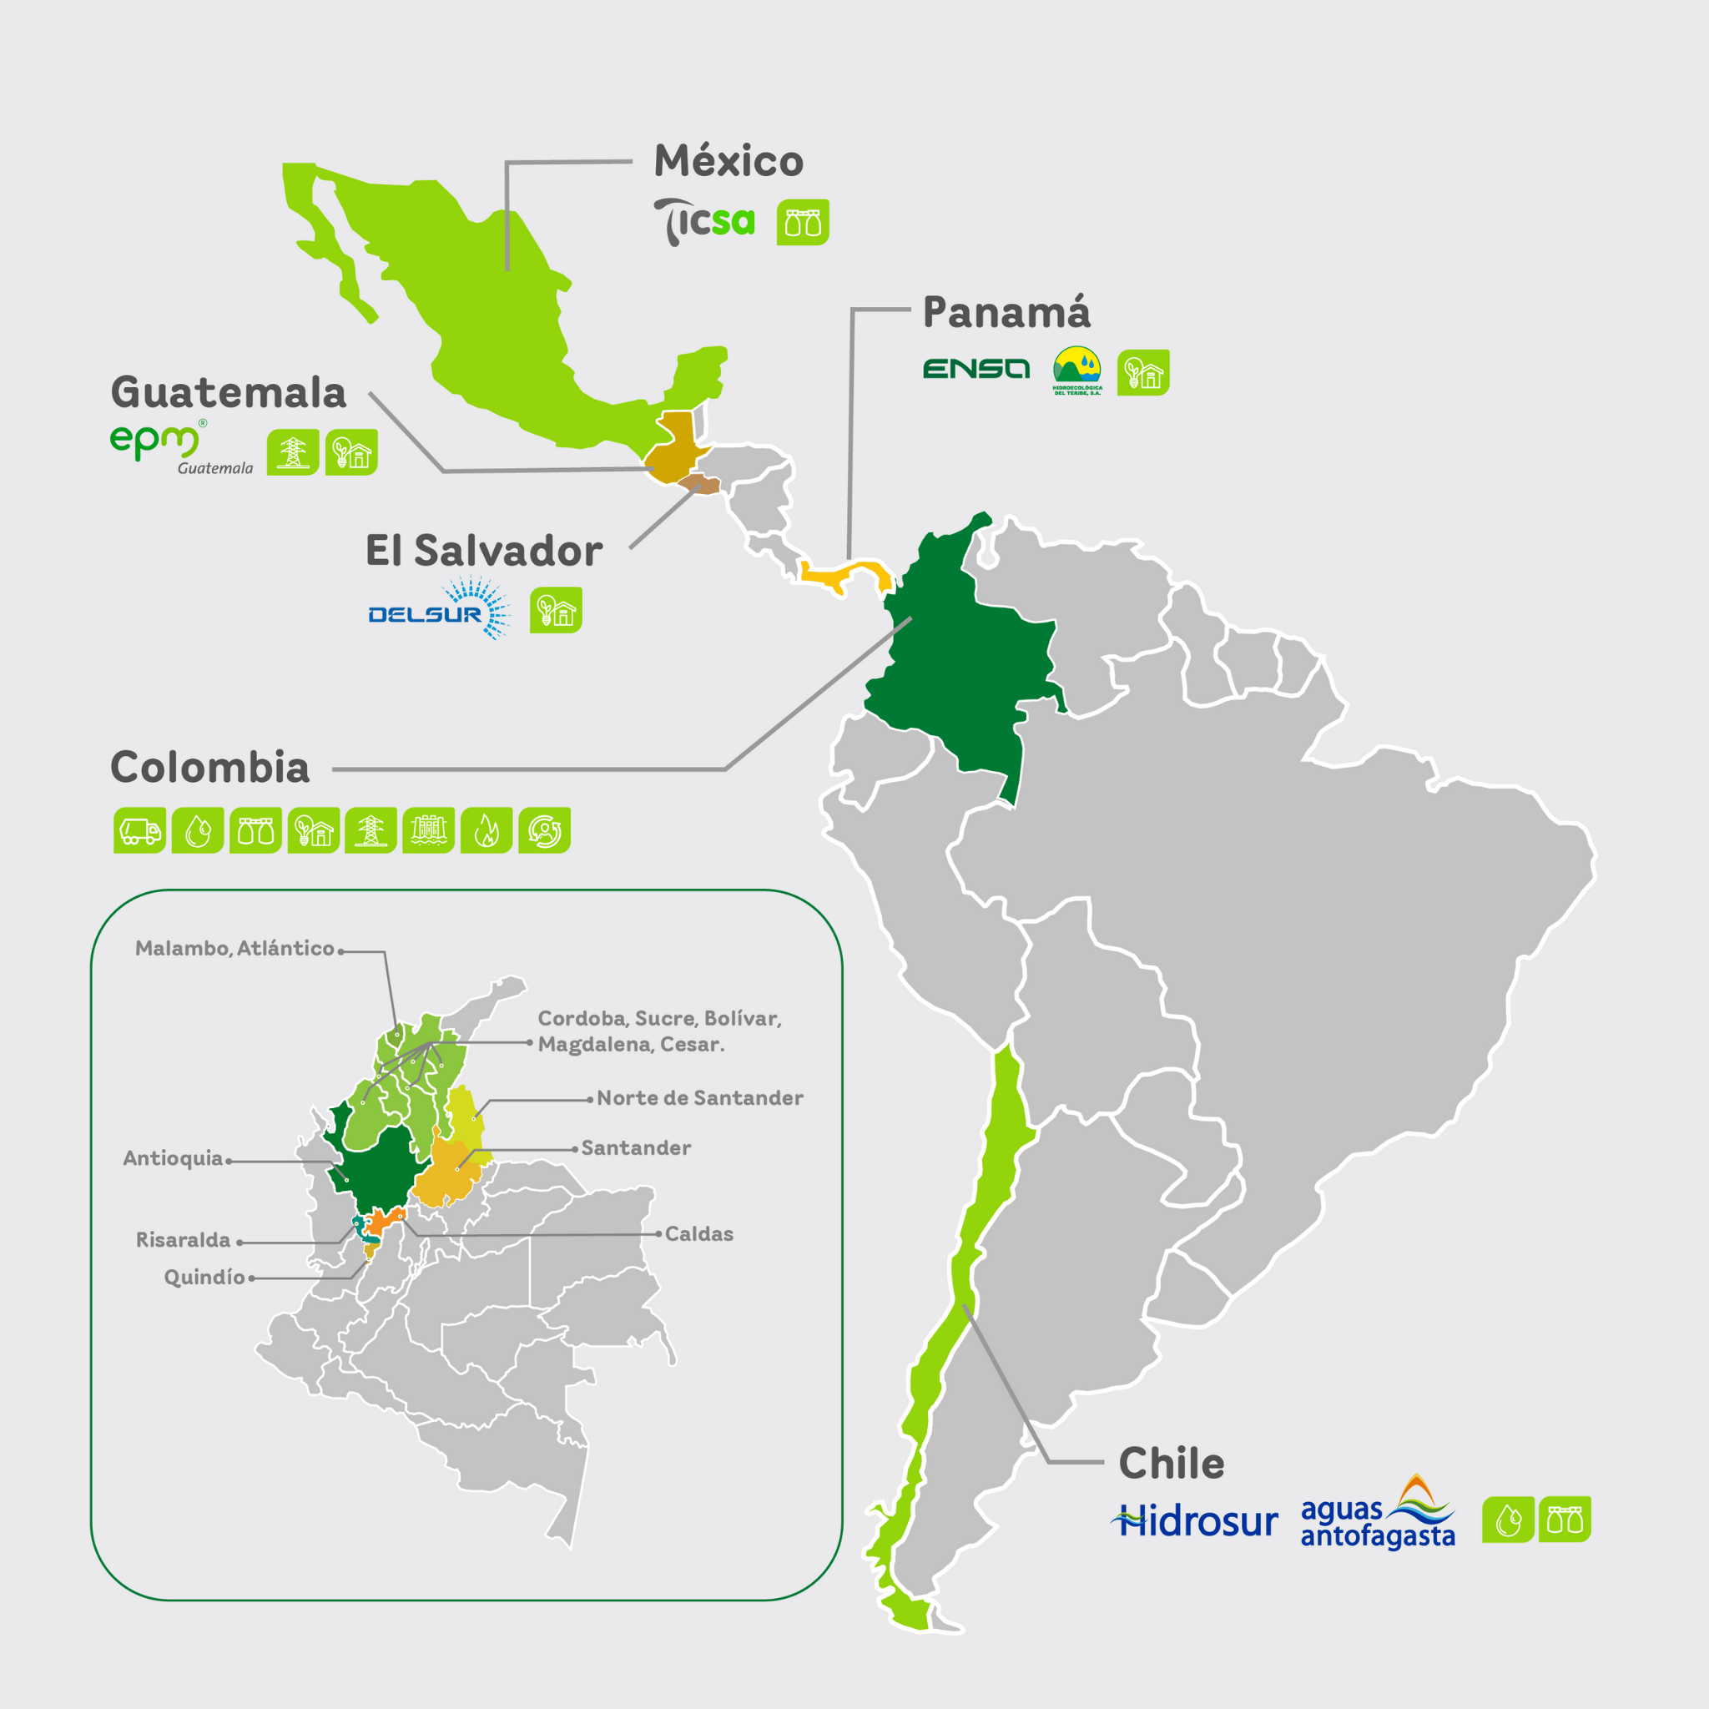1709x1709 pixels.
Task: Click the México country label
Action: pyautogui.click(x=728, y=162)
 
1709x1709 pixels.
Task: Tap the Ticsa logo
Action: pyautogui.click(x=704, y=221)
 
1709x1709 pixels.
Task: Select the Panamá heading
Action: pyautogui.click(x=1006, y=312)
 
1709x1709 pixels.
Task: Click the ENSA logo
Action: pyautogui.click(x=975, y=369)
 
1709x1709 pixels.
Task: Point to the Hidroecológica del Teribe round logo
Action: pyautogui.click(x=1076, y=369)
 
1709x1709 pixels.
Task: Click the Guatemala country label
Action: pyautogui.click(x=228, y=393)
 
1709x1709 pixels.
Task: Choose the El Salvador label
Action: pyautogui.click(x=484, y=551)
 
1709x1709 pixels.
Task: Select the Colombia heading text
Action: pyautogui.click(x=209, y=768)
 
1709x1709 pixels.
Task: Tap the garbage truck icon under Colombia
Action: pyautogui.click(x=139, y=830)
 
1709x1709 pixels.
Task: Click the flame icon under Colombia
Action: pyautogui.click(x=486, y=830)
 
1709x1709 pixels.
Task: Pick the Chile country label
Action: pyautogui.click(x=1171, y=1464)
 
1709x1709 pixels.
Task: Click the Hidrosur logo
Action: pyautogui.click(x=1194, y=1521)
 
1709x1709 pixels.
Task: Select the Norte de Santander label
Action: pyautogui.click(x=699, y=1099)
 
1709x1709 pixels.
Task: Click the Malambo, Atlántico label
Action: pyautogui.click(x=234, y=948)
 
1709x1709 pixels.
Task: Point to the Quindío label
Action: pyautogui.click(x=204, y=1278)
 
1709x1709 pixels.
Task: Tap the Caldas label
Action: pyautogui.click(x=698, y=1234)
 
